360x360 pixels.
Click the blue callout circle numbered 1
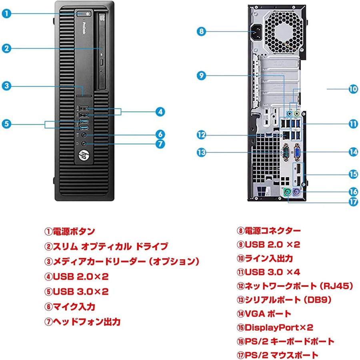6,14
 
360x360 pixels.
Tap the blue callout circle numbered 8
202,31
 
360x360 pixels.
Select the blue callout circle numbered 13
202,152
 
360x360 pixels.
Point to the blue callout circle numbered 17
352,202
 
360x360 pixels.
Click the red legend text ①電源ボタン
70,231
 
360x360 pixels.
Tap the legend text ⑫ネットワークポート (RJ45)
294,286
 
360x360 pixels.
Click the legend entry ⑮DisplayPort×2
275,328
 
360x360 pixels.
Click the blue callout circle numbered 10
352,89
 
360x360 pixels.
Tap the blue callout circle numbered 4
160,112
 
